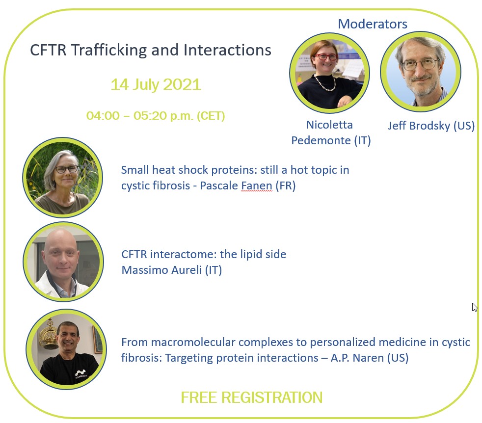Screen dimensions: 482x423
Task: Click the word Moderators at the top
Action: pyautogui.click(x=373, y=24)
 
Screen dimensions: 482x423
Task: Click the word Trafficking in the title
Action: pyautogui.click(x=109, y=50)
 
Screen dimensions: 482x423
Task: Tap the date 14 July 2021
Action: pyautogui.click(x=156, y=84)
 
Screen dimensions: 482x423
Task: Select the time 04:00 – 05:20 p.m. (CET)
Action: pyautogui.click(x=156, y=116)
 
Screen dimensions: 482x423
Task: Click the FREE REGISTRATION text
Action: pyautogui.click(x=252, y=397)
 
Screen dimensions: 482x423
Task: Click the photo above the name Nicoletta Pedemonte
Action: pyautogui.click(x=329, y=73)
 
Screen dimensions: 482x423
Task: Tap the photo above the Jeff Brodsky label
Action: pyautogui.click(x=421, y=71)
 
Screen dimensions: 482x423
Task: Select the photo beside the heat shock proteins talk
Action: pyautogui.click(x=63, y=177)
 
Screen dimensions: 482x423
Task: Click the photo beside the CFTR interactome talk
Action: pyautogui.click(x=63, y=262)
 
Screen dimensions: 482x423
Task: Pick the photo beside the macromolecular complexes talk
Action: pyautogui.click(x=66, y=349)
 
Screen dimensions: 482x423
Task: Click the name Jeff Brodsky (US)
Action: pyautogui.click(x=431, y=126)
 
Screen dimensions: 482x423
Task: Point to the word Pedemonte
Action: pyautogui.click(x=321, y=140)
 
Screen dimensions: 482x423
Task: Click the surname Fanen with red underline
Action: pyautogui.click(x=257, y=185)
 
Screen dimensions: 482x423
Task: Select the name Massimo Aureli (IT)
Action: pyautogui.click(x=171, y=270)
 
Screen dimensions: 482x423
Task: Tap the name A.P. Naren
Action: pyautogui.click(x=357, y=358)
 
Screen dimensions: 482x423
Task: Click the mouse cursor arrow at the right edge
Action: pyautogui.click(x=475, y=307)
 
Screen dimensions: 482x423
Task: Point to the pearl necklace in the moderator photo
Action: pyautogui.click(x=325, y=83)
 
